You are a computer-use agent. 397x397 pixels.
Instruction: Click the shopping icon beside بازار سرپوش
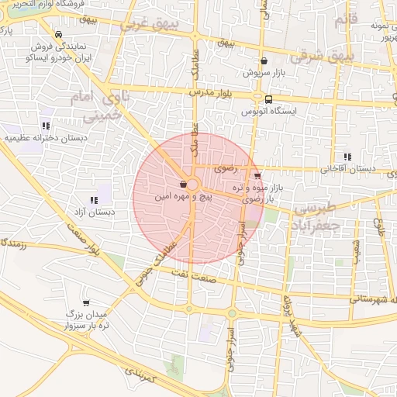264,60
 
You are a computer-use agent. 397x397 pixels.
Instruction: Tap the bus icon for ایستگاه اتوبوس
268,99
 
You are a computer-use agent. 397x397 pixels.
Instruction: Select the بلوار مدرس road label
211,92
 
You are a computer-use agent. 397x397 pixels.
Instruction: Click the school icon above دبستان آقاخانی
348,156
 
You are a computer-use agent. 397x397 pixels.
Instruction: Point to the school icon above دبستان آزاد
94,200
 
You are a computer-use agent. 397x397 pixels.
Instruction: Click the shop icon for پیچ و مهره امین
182,185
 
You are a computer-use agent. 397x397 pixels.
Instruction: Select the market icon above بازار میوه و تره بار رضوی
257,176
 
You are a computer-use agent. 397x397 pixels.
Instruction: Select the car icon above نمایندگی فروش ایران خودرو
59,34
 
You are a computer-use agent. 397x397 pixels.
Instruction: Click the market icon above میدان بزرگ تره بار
85,302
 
